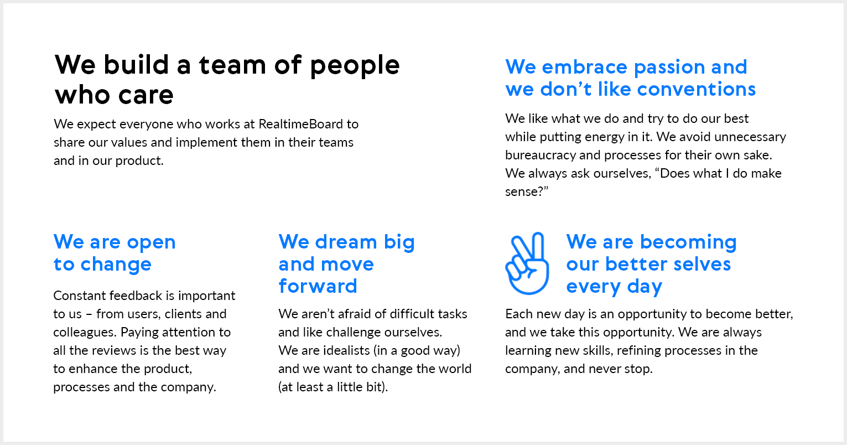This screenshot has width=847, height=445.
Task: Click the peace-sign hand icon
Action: [527, 263]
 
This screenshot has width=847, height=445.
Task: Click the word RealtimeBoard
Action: [300, 124]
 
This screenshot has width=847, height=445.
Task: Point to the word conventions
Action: [696, 89]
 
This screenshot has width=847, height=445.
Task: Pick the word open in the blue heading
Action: [151, 243]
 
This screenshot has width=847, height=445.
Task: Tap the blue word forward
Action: [318, 286]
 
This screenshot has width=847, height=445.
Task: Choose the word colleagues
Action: [85, 333]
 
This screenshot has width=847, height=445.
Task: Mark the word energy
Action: [604, 137]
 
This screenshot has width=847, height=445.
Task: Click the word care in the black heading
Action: [146, 95]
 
